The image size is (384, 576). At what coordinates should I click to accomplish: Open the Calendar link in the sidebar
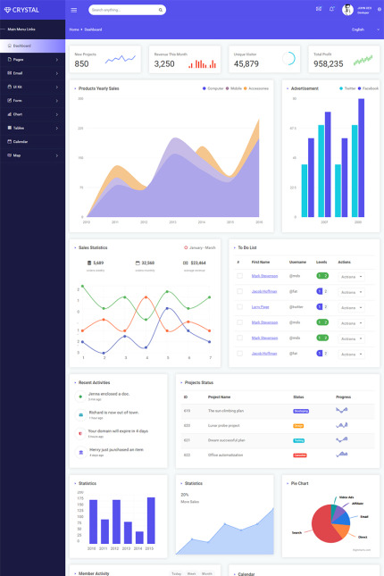coord(21,141)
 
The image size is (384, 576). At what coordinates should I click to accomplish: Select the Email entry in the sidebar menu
coord(18,72)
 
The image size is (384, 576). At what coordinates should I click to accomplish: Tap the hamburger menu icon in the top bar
coord(74,10)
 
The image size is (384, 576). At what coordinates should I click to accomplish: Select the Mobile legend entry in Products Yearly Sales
coord(237,88)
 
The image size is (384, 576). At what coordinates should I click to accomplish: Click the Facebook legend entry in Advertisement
coord(370,88)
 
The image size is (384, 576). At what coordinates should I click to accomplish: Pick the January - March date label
coord(201,247)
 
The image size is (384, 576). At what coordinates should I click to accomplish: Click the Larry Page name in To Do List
coord(261,306)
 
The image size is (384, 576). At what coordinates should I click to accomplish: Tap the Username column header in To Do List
coord(297,262)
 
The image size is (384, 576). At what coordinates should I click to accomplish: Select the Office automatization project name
coord(226,455)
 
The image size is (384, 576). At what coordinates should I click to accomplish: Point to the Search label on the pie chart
coord(296,532)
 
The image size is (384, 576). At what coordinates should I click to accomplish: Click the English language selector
coord(358,29)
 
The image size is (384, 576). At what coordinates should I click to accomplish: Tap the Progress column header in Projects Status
coord(343,397)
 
